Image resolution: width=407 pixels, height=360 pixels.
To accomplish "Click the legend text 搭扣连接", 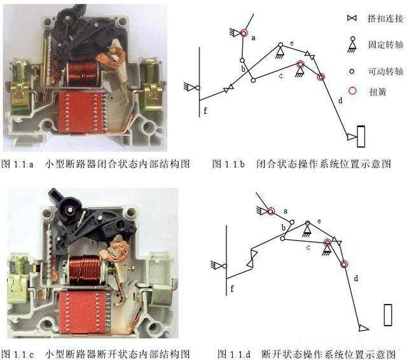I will [385, 19].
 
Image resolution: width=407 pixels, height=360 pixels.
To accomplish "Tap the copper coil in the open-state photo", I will [86, 268].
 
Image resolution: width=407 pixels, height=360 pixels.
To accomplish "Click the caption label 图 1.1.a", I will [18, 163].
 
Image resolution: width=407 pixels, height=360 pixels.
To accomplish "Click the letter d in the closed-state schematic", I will [340, 100].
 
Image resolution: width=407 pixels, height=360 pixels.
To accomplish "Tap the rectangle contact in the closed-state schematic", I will [361, 135].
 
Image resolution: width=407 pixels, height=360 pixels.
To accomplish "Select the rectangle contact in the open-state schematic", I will [387, 315].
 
